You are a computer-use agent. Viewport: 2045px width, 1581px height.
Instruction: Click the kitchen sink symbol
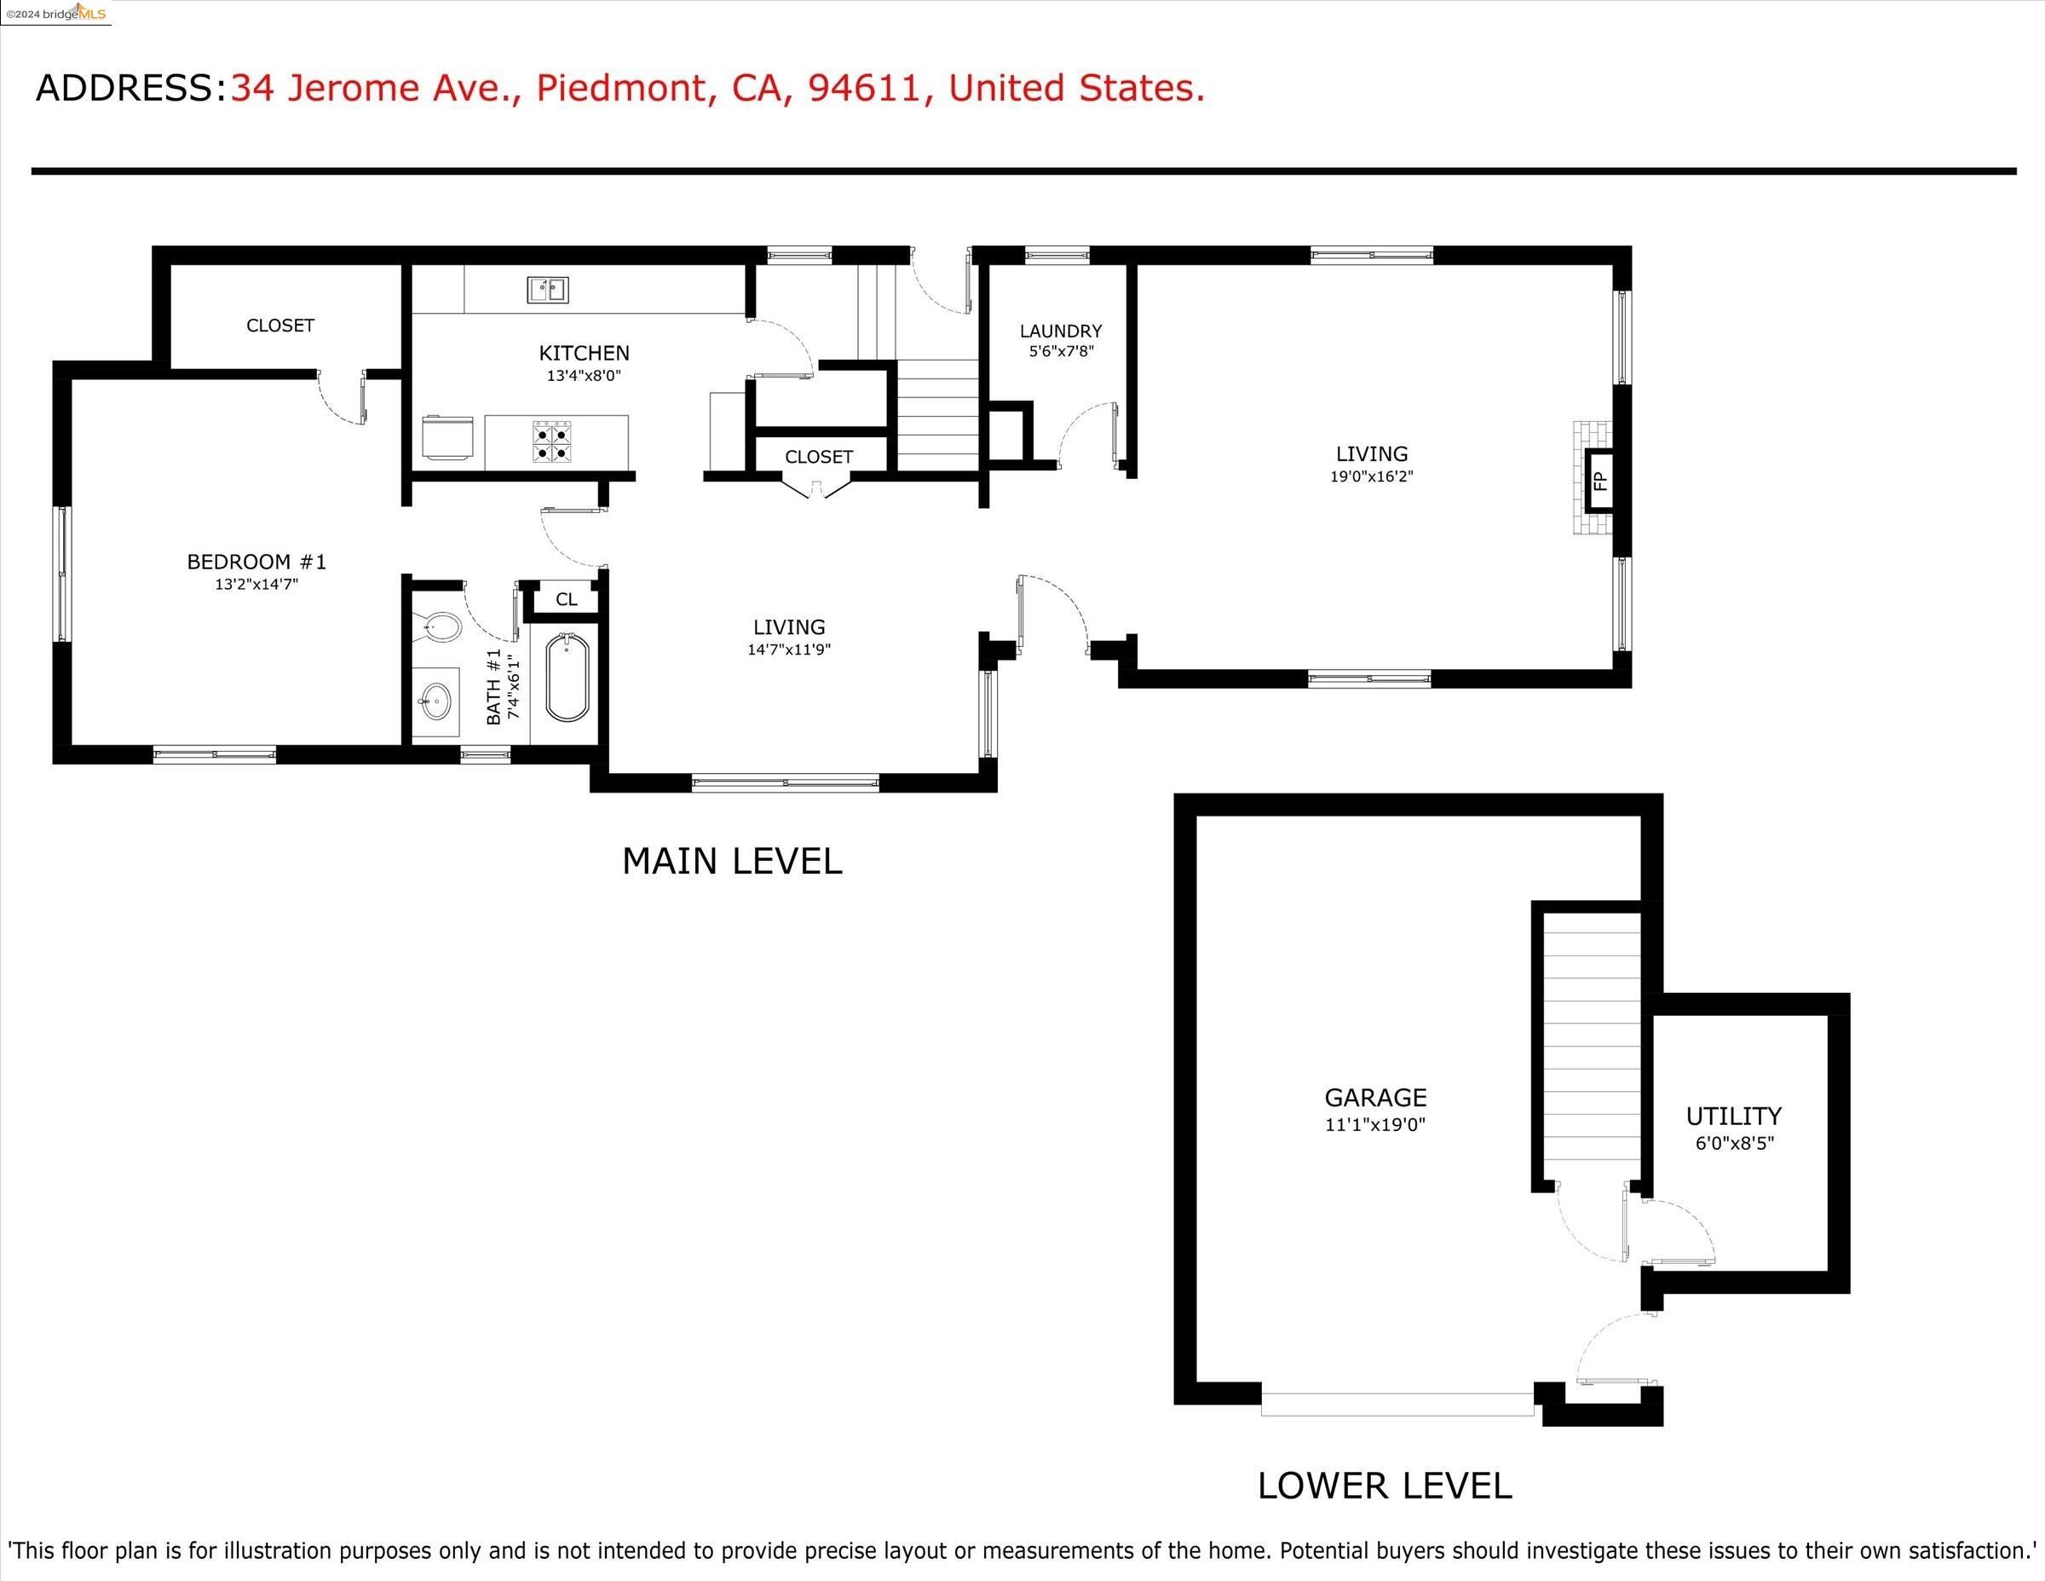[548, 291]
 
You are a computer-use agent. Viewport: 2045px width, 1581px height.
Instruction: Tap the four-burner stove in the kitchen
[551, 441]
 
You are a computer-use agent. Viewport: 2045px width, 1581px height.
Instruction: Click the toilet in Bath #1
[440, 626]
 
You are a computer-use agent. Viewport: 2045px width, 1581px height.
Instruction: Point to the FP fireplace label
[1599, 482]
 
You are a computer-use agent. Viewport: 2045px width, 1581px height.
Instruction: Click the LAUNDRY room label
[1061, 332]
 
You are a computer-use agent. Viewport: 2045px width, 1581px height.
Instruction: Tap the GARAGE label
[1375, 1098]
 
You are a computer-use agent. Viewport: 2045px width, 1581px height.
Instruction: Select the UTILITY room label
[1734, 1117]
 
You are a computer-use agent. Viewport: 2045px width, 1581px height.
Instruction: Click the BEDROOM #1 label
[256, 562]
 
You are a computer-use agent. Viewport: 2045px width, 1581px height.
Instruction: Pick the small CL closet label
[567, 599]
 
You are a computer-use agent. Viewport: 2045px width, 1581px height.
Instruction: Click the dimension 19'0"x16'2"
[1372, 476]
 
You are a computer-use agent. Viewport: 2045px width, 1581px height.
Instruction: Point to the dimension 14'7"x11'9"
[789, 649]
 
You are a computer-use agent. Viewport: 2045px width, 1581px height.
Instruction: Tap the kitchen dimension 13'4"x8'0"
[585, 376]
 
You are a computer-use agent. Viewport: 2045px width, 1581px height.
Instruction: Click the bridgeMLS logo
[56, 13]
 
